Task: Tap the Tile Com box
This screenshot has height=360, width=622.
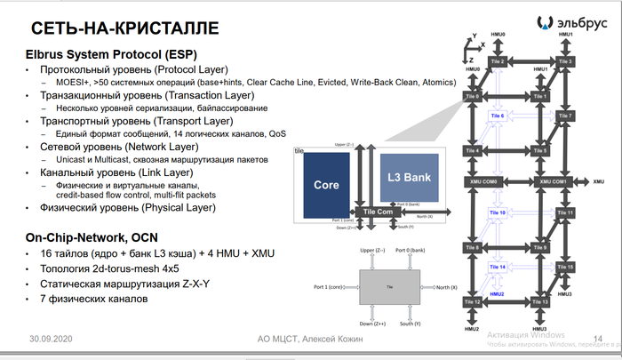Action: click(378, 212)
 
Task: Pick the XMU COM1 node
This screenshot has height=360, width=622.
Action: click(554, 181)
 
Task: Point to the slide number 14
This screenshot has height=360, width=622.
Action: click(597, 339)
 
